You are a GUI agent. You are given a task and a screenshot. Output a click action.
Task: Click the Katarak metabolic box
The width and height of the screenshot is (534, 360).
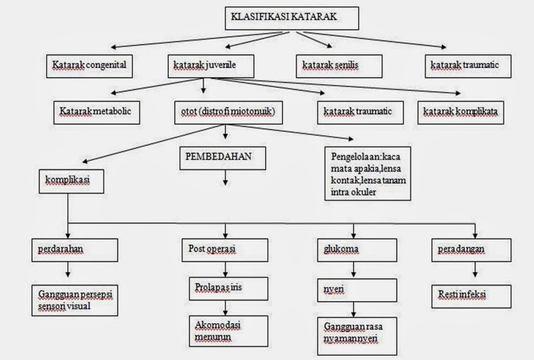pyautogui.click(x=96, y=112)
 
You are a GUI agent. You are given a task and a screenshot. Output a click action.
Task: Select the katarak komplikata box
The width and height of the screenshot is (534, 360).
pyautogui.click(x=462, y=112)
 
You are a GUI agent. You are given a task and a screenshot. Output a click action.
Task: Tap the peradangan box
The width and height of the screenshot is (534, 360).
pyautogui.click(x=469, y=250)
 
